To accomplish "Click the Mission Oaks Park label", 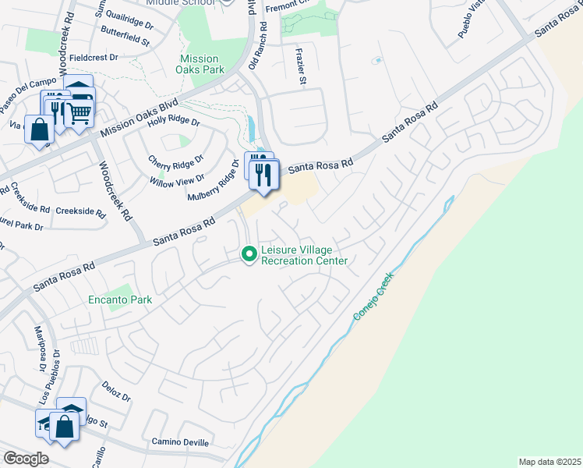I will (202, 64).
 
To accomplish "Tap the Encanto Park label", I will (119, 300).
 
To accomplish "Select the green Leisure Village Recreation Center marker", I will (249, 254).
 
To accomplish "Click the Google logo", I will (26, 459).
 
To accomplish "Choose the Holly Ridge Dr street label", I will (174, 121).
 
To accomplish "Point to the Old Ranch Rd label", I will (258, 45).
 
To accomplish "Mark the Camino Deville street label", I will (180, 442).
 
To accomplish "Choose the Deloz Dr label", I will (115, 391).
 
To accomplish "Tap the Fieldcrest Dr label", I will (94, 57).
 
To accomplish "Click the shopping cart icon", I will (78, 113).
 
